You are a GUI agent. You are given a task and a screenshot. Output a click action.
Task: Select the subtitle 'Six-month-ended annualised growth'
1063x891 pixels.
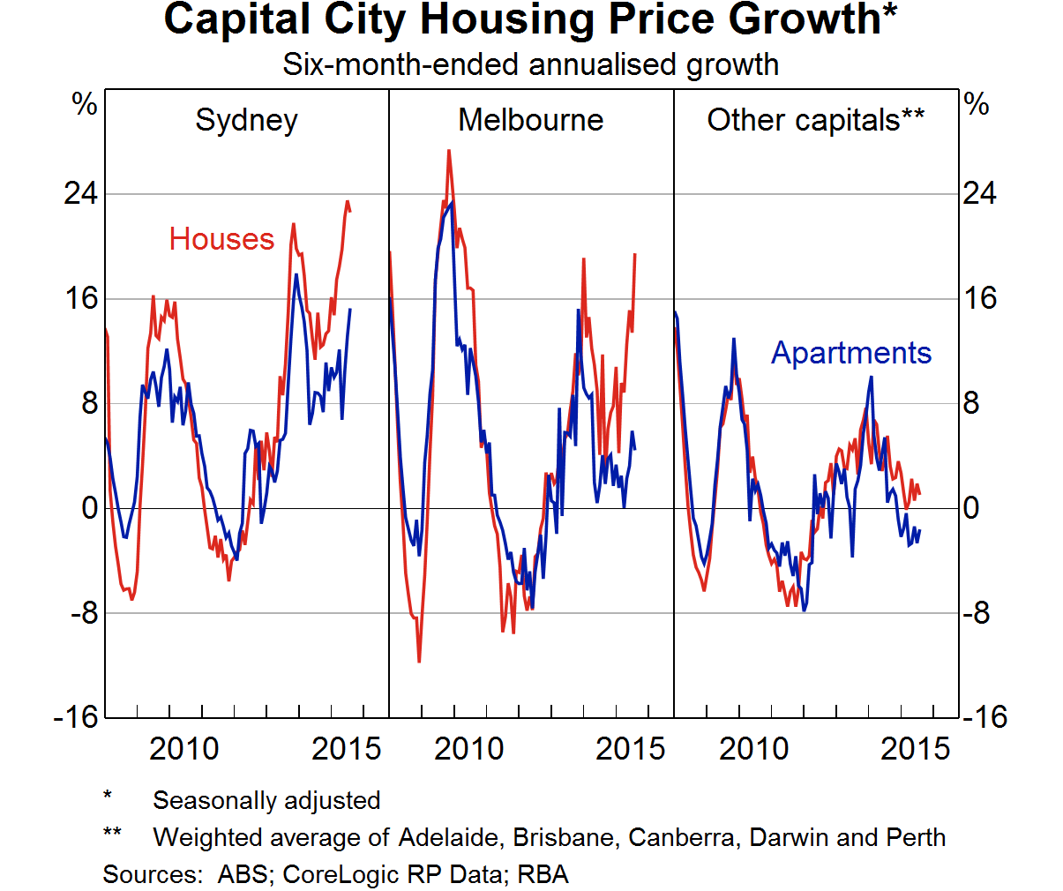[530, 64]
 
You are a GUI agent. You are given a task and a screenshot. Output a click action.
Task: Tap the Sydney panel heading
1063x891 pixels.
[246, 120]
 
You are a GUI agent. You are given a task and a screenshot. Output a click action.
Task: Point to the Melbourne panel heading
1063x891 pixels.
[530, 120]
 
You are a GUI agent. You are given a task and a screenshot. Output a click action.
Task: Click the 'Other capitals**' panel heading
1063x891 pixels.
[815, 120]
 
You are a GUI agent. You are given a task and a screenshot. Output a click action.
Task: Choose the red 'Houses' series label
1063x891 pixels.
[221, 239]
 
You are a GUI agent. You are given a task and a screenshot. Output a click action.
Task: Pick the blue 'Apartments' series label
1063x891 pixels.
[850, 353]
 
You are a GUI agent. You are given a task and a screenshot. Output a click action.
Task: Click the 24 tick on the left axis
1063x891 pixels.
[80, 193]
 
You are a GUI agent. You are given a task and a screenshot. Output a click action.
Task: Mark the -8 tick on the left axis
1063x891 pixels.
[84, 613]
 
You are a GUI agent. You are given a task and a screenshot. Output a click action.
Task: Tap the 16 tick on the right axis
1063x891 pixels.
[979, 298]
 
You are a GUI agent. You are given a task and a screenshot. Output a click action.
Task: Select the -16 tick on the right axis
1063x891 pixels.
[984, 717]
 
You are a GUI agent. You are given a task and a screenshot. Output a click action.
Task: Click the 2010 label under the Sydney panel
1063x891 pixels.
[183, 749]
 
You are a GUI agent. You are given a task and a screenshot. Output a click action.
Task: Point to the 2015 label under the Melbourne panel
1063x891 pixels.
[630, 749]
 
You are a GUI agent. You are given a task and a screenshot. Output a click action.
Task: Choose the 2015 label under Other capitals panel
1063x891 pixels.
[915, 749]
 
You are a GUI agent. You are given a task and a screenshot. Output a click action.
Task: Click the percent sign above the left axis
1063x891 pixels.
[85, 105]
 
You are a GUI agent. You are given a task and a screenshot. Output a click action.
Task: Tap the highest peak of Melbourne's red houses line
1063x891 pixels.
[448, 152]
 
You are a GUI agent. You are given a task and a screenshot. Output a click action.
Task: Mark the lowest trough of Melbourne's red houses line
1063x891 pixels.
[419, 660]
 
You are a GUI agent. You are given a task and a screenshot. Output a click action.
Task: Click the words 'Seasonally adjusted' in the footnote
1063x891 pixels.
[266, 800]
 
